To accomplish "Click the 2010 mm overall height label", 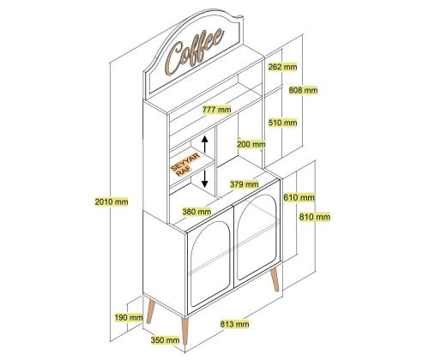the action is [112, 201].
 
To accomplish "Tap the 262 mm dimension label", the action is [283, 67].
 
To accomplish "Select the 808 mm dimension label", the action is [303, 90].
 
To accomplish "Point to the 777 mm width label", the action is [216, 110].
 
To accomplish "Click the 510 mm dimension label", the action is [283, 123].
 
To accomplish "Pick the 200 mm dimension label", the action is [251, 144].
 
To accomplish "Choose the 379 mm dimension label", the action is [245, 184].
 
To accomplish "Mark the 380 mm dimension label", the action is [196, 212].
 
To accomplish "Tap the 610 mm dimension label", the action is [299, 197].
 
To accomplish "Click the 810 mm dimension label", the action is [315, 217].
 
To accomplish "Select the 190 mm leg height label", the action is [129, 317].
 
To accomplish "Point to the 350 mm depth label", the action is [166, 340].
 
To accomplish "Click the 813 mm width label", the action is [234, 324].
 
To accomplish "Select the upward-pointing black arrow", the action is [204, 144].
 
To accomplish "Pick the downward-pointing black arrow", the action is [204, 178].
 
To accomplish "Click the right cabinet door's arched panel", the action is [257, 237].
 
